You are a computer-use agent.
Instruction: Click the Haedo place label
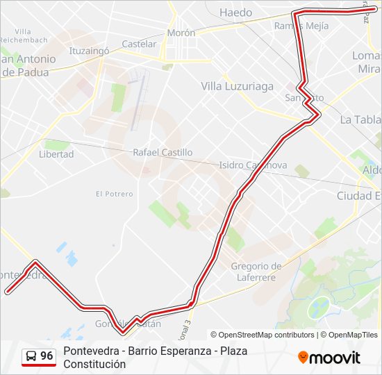(236, 12)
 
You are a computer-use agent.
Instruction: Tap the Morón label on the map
(181, 33)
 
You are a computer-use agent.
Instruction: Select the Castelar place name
(139, 44)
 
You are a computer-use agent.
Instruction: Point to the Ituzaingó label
(90, 51)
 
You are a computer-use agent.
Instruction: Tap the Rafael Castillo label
(163, 152)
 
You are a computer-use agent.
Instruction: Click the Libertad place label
(56, 154)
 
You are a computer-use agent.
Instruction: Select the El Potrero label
(114, 194)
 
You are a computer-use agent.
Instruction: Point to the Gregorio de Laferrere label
(256, 272)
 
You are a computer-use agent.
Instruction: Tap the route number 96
(47, 356)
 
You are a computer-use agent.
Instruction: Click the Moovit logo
(329, 358)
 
